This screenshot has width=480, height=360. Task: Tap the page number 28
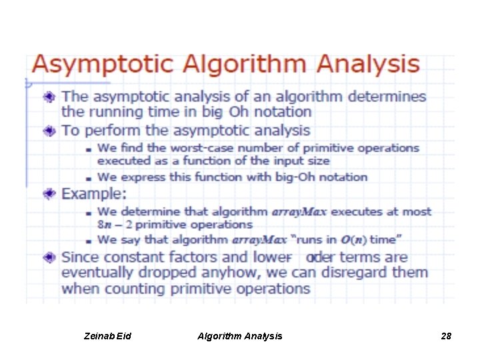tap(446, 336)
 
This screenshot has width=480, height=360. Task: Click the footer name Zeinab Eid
tap(109, 336)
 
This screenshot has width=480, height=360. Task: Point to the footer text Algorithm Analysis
tap(239, 336)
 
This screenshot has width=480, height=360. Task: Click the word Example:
tap(93, 194)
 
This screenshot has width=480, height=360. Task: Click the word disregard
tap(351, 273)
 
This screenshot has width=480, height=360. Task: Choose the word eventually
tap(97, 273)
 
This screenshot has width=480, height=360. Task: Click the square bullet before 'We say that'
tap(88, 240)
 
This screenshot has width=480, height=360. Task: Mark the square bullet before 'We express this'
tap(88, 178)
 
